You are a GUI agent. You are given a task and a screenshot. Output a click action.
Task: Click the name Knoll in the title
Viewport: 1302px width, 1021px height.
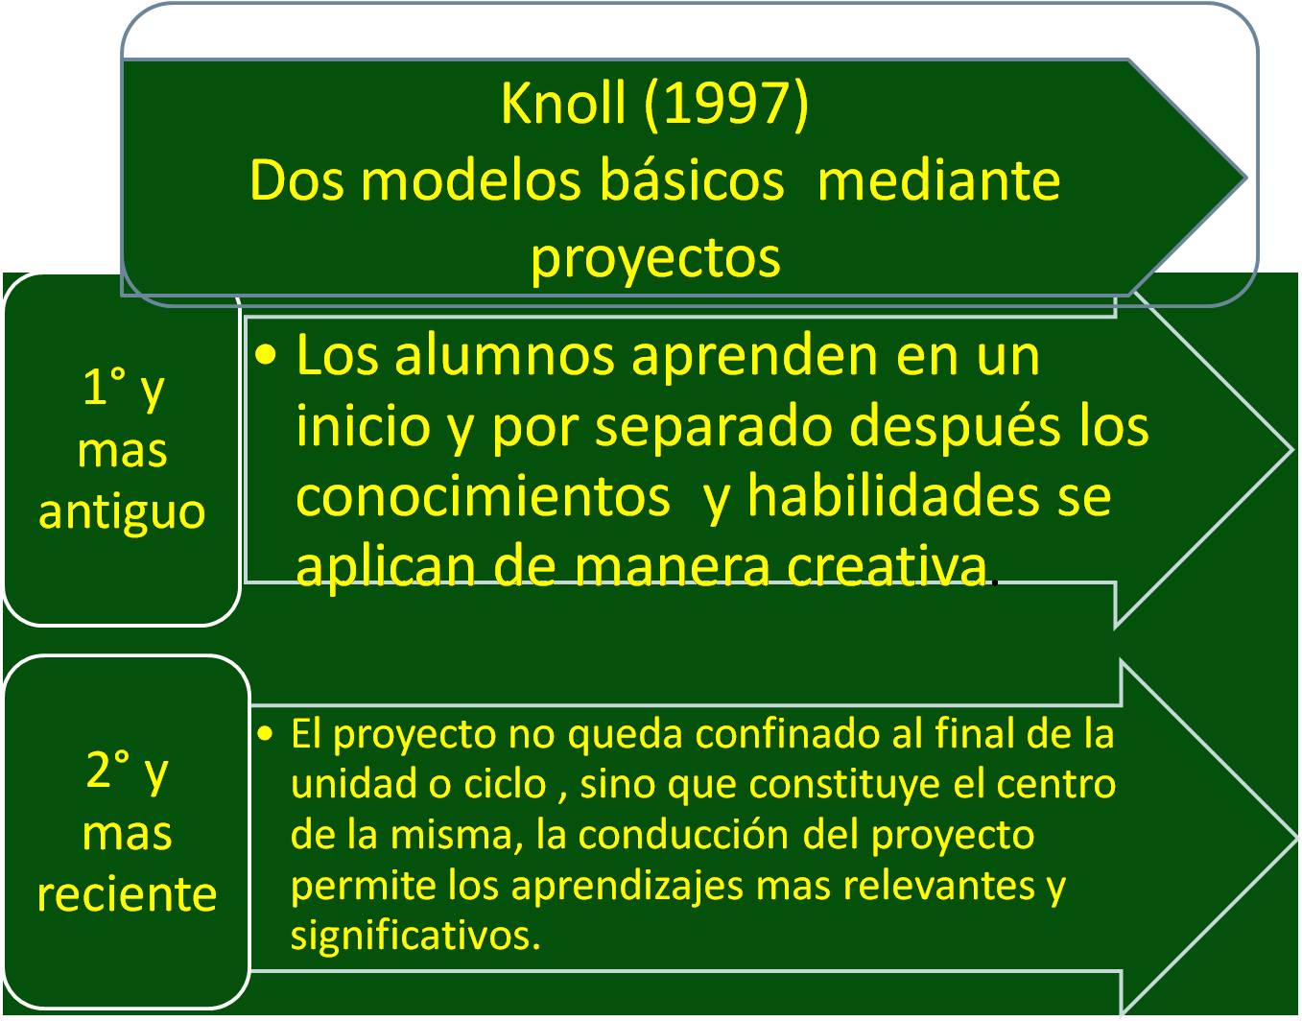[563, 103]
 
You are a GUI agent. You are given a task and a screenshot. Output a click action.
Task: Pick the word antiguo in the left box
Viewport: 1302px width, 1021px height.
[122, 513]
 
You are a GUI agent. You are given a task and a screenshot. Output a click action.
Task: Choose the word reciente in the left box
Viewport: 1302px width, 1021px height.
[127, 895]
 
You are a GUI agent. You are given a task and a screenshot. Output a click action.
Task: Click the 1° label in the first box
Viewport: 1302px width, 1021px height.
[105, 387]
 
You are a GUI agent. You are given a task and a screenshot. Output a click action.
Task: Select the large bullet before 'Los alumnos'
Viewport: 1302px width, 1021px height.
[266, 356]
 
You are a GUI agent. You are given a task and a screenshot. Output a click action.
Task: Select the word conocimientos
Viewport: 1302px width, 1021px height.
[483, 498]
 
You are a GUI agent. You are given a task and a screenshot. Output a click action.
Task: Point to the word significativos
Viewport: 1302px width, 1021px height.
[415, 936]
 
